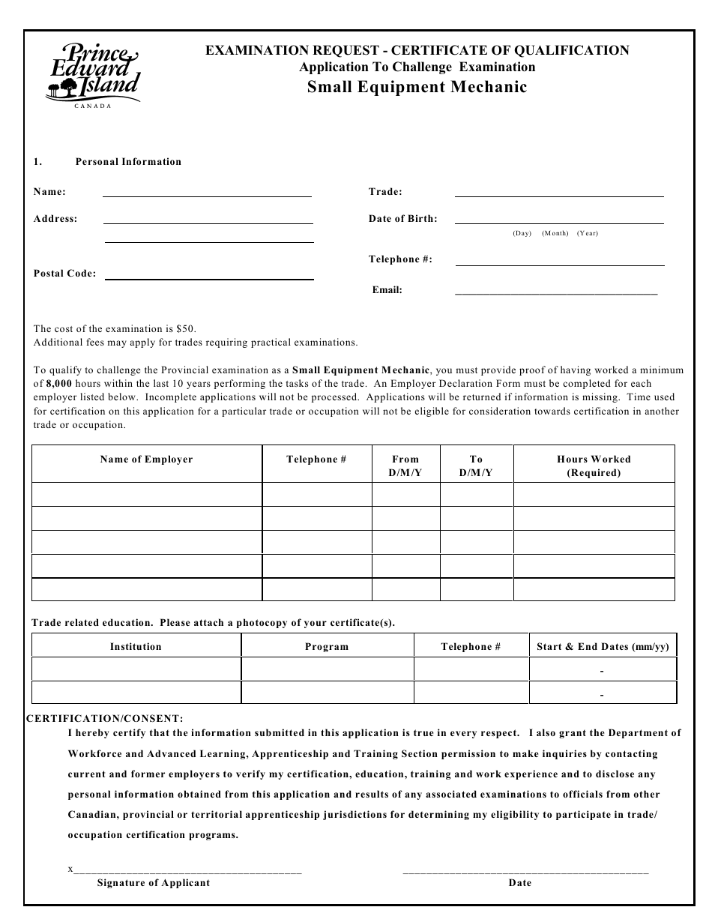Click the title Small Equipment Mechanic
[417, 87]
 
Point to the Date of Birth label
[402, 219]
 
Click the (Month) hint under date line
[555, 233]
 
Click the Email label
[387, 290]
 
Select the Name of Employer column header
[146, 460]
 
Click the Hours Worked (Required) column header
[594, 465]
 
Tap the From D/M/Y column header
[405, 465]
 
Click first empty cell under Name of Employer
[146, 495]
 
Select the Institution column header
[136, 646]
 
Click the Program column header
[327, 646]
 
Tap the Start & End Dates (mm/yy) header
[603, 646]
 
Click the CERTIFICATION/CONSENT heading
[104, 718]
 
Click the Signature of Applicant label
[153, 883]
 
